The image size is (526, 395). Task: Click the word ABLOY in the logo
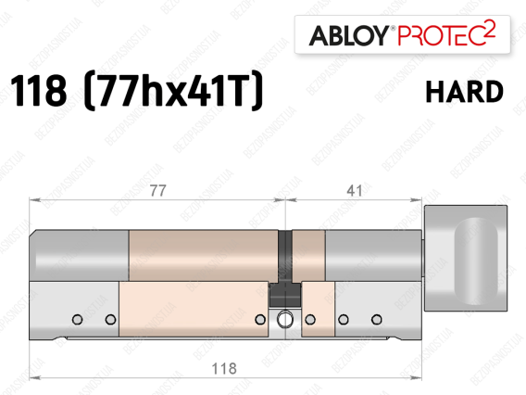(349, 35)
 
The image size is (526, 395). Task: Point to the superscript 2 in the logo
(491, 30)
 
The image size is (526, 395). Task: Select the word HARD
(464, 92)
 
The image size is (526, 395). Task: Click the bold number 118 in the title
(39, 91)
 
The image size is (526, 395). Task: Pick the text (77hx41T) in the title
(172, 90)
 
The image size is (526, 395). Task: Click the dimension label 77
(157, 191)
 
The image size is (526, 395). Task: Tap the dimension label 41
(355, 191)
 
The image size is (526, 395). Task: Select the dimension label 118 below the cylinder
(224, 368)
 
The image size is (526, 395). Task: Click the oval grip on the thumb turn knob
(476, 261)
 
